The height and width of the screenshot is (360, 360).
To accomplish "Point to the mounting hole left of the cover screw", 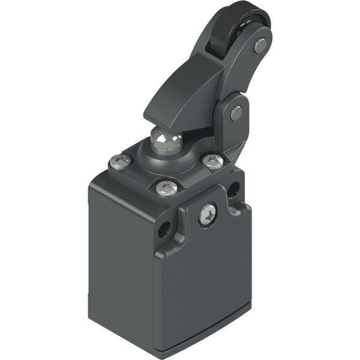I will coord(162,229).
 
